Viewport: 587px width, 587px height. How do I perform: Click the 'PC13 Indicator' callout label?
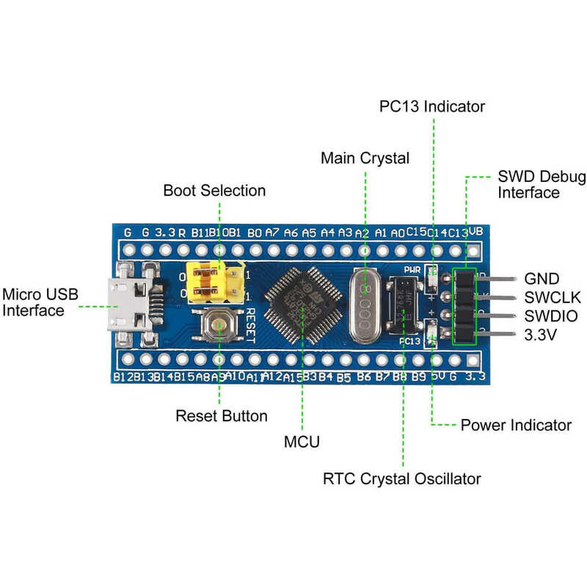pyautogui.click(x=432, y=106)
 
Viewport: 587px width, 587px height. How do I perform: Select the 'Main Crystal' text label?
pyautogui.click(x=365, y=158)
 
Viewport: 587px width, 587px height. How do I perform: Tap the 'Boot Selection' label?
pyautogui.click(x=214, y=191)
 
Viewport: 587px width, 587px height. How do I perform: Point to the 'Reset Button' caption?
pyautogui.click(x=222, y=416)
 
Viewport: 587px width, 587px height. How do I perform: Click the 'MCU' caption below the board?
pyautogui.click(x=302, y=442)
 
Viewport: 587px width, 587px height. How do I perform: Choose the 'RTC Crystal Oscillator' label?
pyautogui.click(x=402, y=479)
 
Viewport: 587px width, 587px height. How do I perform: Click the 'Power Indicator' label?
pyautogui.click(x=516, y=426)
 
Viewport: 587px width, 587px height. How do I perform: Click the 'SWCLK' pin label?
pyautogui.click(x=552, y=298)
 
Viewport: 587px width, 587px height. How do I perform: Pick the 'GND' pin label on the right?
pyautogui.click(x=542, y=279)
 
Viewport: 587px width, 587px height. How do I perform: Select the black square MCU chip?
pyautogui.click(x=302, y=303)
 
